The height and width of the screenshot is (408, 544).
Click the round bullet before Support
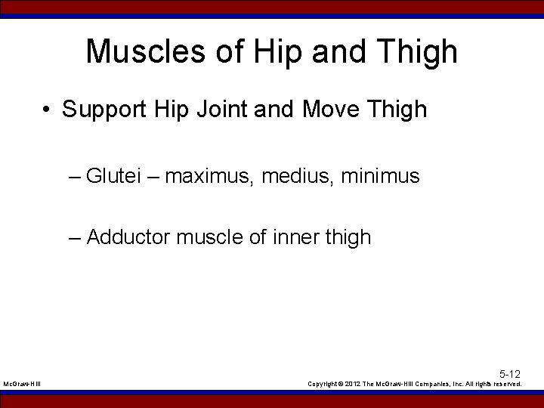(47, 110)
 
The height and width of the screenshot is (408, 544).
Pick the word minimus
(380, 176)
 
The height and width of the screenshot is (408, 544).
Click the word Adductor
(128, 237)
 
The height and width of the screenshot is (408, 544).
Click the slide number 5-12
(510, 374)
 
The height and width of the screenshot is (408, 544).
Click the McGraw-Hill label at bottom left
(22, 385)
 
